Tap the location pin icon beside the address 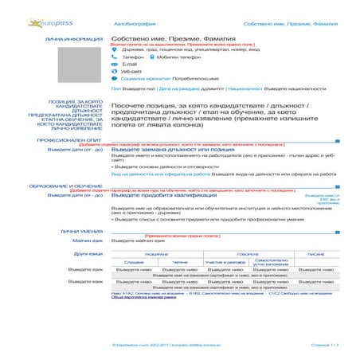tap(115, 49)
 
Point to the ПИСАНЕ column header tap(315, 253)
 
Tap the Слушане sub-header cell tap(134, 261)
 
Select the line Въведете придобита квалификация tap(160, 195)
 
